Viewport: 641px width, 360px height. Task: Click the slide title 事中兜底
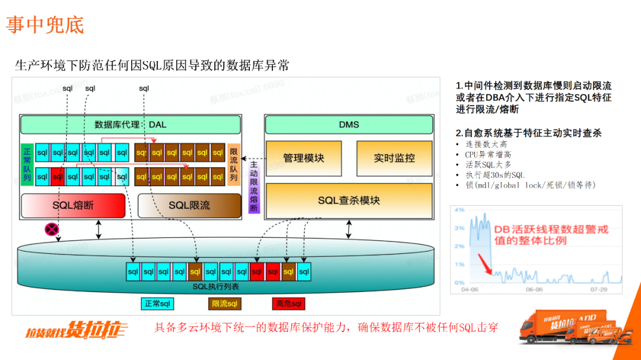pyautogui.click(x=45, y=24)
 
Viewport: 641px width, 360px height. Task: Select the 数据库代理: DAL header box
pyautogui.click(x=131, y=125)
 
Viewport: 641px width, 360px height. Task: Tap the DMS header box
pyautogui.click(x=349, y=125)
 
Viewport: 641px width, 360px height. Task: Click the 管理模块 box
pyautogui.click(x=303, y=158)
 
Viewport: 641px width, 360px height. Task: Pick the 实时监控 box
pyautogui.click(x=394, y=158)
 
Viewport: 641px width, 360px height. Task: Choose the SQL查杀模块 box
pyautogui.click(x=349, y=200)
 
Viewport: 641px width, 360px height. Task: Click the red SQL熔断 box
pyautogui.click(x=73, y=205)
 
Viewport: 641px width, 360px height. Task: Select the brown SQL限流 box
pyautogui.click(x=189, y=205)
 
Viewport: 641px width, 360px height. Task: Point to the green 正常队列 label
pyautogui.click(x=27, y=164)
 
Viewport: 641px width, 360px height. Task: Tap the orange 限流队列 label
pyautogui.click(x=233, y=164)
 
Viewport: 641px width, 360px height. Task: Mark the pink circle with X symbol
pyautogui.click(x=52, y=229)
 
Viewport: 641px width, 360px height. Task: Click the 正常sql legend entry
pyautogui.click(x=157, y=304)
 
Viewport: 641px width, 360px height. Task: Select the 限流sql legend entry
pyautogui.click(x=225, y=304)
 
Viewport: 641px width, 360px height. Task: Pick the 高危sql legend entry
pyautogui.click(x=289, y=304)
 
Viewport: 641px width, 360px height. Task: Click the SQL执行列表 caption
pyautogui.click(x=216, y=286)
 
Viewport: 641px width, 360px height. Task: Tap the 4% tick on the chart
pyautogui.click(x=459, y=210)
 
